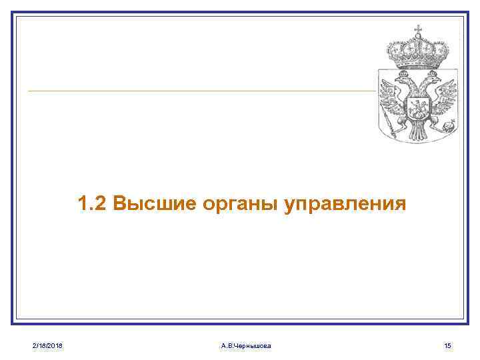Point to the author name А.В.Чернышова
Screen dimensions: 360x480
(245, 345)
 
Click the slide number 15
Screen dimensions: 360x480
(447, 345)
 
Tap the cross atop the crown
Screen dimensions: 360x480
(419, 29)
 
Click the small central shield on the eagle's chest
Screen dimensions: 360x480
(419, 107)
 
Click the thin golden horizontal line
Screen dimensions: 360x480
(200, 91)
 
